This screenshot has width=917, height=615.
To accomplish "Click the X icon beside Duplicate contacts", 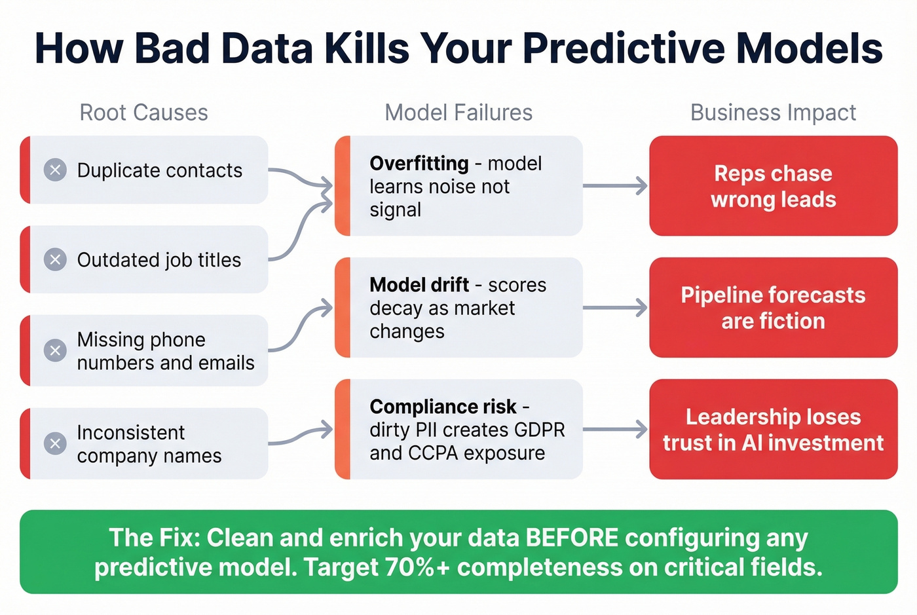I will tap(55, 170).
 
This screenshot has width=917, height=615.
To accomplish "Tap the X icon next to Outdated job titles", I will tap(55, 260).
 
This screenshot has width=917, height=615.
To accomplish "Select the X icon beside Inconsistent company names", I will tap(55, 443).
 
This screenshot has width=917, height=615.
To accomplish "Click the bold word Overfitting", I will tap(419, 163).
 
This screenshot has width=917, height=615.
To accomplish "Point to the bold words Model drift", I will tap(419, 285).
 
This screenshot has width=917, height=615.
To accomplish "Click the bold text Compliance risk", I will tap(443, 407).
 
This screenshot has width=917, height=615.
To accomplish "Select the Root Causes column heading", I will tap(143, 113).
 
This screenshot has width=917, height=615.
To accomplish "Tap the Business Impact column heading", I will tap(773, 113).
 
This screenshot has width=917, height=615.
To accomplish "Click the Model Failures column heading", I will tap(458, 113).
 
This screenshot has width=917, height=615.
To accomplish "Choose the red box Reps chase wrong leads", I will tap(773, 186).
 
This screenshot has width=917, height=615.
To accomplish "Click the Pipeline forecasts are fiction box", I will tap(773, 308).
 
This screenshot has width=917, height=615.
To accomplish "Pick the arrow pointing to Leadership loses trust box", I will tap(614, 430).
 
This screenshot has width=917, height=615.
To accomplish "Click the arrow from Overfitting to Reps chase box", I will tap(614, 186).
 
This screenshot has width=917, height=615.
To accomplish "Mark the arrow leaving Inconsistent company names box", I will tap(300, 435).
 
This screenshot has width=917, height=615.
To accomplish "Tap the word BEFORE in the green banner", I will tap(571, 538).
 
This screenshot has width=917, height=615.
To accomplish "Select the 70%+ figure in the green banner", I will tap(417, 567).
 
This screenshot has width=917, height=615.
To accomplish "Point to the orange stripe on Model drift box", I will tap(342, 308).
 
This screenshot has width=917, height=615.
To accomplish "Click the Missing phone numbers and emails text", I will tap(165, 351).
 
